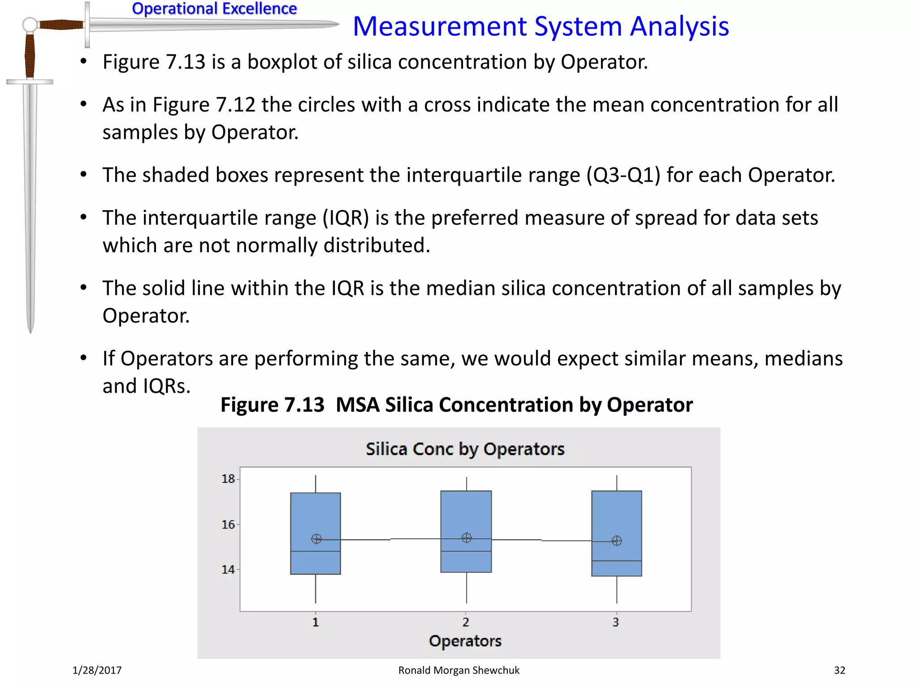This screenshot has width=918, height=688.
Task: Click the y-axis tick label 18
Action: pos(228,479)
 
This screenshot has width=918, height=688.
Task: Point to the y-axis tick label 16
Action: pos(228,525)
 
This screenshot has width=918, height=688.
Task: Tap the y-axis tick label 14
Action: pos(228,570)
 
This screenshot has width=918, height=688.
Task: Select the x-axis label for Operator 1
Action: pos(316,622)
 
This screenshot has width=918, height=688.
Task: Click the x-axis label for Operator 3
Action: pos(616,622)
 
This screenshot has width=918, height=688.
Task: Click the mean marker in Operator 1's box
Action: pos(316,539)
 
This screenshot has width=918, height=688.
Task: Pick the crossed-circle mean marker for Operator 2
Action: pos(467,538)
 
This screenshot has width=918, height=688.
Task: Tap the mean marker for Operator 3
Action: pos(617,541)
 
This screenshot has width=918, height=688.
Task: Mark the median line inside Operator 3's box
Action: pos(617,561)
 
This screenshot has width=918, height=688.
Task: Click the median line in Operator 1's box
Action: pos(316,551)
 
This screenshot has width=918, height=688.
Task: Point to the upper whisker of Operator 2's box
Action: pos(467,484)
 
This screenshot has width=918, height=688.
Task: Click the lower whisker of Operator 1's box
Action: pos(316,589)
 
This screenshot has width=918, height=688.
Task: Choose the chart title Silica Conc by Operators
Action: pos(465,449)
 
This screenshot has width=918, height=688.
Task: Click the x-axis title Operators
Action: pos(465,641)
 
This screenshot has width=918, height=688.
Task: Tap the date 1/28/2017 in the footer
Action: pos(97,671)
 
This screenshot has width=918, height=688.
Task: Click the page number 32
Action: pos(840,671)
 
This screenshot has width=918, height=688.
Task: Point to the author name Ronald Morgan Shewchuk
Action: pos(459,671)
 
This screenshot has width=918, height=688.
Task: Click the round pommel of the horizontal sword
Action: pos(30,25)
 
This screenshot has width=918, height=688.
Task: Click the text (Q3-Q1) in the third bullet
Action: pos(624,175)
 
